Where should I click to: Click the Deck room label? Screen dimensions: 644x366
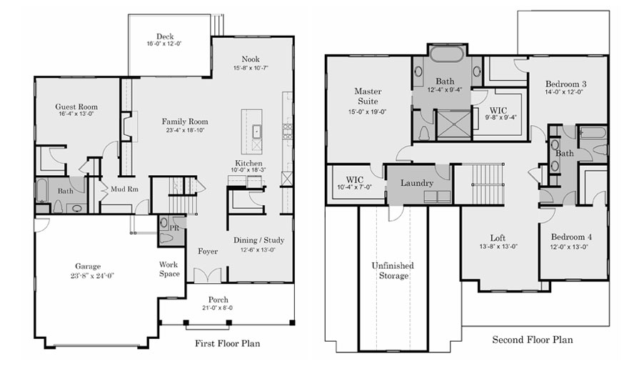coord(165,36)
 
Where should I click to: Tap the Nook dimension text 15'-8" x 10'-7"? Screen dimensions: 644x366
coord(251,68)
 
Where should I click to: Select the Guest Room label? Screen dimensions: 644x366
coord(76,107)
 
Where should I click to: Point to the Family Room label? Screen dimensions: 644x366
coord(185,122)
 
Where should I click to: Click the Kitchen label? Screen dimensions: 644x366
coord(248,163)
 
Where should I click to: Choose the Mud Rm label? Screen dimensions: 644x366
coord(124,189)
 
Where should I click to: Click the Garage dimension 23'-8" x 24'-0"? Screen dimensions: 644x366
coord(92,275)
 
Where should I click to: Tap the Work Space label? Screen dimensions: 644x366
coord(169,269)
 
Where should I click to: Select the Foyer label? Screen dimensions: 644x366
coord(208,251)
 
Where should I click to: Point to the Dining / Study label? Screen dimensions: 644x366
coord(258,240)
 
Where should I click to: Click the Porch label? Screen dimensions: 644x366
coord(218,300)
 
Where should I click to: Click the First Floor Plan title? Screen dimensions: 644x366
coord(227,343)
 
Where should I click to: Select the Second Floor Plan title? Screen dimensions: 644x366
coord(533,340)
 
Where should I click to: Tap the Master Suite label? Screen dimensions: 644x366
coord(368,97)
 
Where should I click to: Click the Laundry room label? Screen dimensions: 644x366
coord(417,183)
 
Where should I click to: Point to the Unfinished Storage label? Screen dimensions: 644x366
coord(393,271)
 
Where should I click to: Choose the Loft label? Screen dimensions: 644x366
coord(498,238)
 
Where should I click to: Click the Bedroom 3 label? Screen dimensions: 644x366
coord(566,84)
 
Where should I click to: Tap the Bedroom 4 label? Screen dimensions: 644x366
coord(571,237)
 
